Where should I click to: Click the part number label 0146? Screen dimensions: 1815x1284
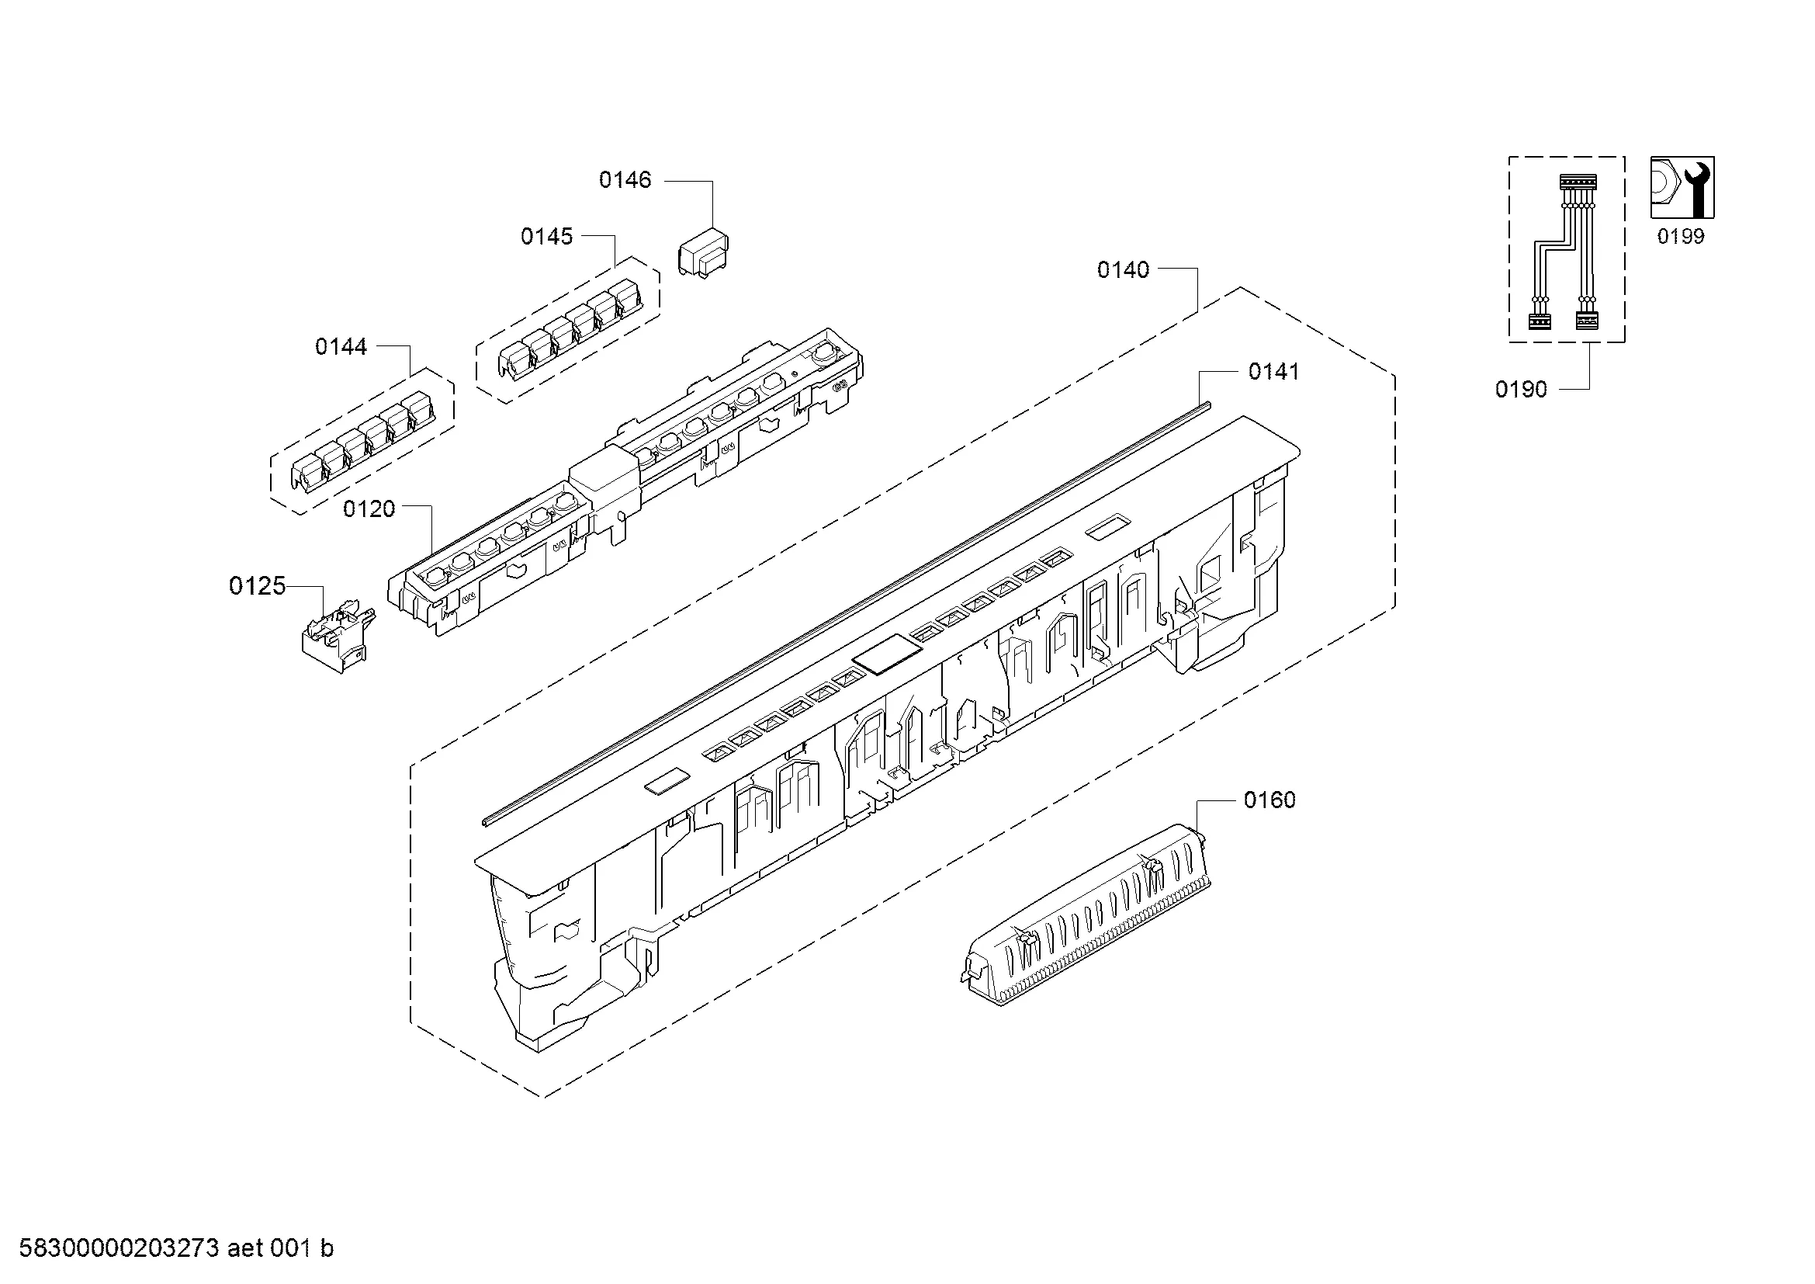click(625, 180)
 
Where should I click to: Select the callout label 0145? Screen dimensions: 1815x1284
click(546, 237)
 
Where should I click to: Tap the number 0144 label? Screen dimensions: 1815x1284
click(341, 346)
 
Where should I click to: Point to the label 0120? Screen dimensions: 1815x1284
click(369, 508)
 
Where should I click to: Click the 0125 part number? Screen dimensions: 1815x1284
click(257, 586)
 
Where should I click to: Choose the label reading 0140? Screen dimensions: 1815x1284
click(1124, 270)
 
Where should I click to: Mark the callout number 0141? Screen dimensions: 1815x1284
click(1273, 372)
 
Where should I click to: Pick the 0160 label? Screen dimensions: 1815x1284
click(1269, 800)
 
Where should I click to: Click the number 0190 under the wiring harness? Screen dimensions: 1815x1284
click(1521, 389)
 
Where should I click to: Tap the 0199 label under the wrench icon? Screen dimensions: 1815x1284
click(1681, 237)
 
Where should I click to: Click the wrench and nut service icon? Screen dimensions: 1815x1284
click(1682, 187)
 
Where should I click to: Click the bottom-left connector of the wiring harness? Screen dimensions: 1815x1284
click(1539, 321)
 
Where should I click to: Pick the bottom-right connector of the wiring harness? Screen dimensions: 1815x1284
click(1586, 321)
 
